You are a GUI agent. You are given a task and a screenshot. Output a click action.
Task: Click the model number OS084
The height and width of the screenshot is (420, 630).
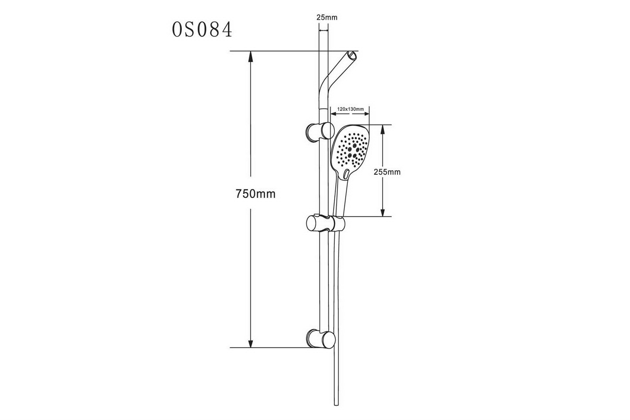tap(202, 29)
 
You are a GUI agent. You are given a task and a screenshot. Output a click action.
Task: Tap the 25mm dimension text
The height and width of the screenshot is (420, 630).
tap(327, 18)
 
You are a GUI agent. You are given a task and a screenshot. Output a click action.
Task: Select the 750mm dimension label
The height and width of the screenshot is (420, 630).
tap(255, 194)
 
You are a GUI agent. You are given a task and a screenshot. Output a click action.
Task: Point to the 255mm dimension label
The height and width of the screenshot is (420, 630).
tap(387, 172)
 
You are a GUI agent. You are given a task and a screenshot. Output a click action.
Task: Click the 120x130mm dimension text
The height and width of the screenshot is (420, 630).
tap(350, 109)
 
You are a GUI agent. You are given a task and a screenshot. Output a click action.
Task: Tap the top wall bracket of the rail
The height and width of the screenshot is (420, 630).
tap(320, 131)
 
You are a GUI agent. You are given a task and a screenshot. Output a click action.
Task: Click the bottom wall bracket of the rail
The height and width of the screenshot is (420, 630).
tap(320, 339)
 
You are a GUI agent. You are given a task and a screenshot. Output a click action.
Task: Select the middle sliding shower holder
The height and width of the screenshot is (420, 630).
tap(325, 223)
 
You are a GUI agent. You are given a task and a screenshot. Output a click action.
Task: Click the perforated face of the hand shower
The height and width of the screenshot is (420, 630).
tap(351, 150)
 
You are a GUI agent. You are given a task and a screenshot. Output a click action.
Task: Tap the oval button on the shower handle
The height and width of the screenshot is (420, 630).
tap(346, 173)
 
